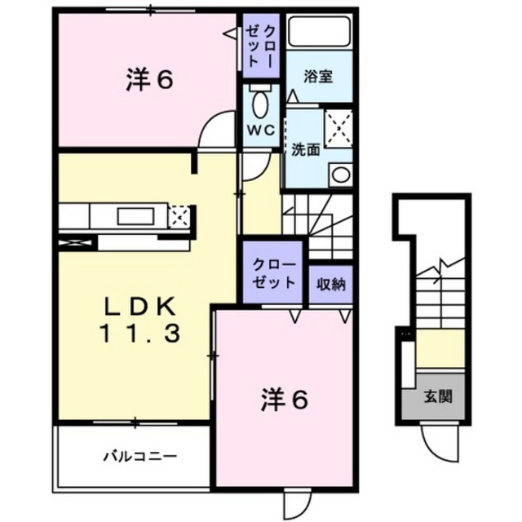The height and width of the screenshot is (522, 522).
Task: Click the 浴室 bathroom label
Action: [x=318, y=77]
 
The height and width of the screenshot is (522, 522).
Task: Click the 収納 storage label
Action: [x=331, y=284]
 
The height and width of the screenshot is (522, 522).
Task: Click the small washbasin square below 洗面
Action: [x=340, y=174]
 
